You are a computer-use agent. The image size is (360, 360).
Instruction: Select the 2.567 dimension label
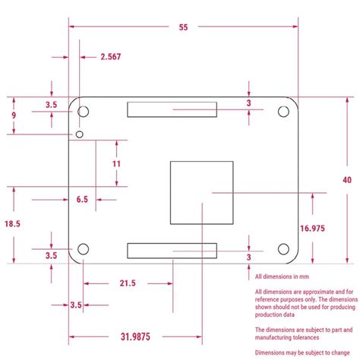click(x=110, y=56)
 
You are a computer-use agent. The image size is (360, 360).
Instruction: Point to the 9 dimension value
click(x=12, y=115)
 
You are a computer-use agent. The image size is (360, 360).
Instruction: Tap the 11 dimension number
click(x=116, y=164)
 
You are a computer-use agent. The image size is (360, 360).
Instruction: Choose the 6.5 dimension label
click(x=82, y=199)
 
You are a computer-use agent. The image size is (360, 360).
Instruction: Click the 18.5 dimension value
click(x=12, y=223)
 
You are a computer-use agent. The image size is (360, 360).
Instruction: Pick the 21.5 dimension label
click(x=128, y=283)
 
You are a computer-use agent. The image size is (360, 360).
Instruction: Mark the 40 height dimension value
click(x=347, y=179)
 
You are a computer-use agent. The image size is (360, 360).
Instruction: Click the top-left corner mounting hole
click(x=84, y=112)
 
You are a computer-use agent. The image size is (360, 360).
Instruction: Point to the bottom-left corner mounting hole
click(x=84, y=249)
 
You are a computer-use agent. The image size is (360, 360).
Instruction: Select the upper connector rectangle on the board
click(x=172, y=109)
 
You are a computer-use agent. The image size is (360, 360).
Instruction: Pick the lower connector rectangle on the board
click(x=172, y=251)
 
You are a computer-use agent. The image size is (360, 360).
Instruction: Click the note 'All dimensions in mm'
click(x=283, y=277)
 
